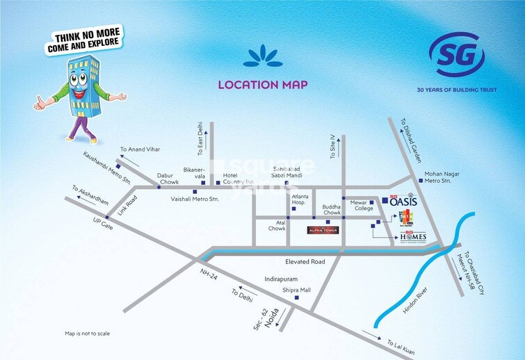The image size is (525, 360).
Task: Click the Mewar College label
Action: coord(362,204)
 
